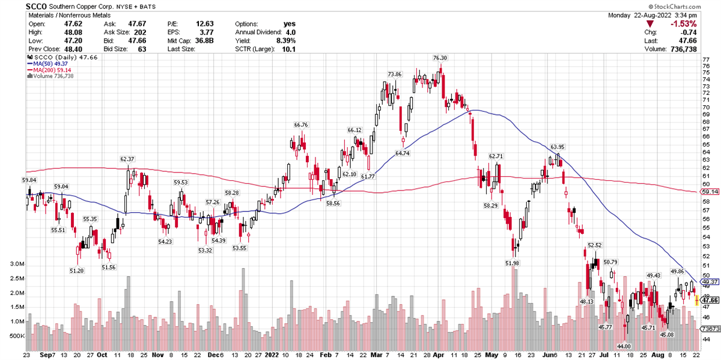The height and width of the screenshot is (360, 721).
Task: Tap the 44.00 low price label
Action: [625, 346]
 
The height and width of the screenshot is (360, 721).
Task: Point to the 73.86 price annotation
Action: [394, 74]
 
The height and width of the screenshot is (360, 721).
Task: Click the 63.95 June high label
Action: [558, 147]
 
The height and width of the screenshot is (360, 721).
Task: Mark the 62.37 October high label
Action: [127, 159]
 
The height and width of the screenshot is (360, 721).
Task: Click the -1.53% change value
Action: [685, 25]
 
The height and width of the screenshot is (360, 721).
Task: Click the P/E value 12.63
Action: [205, 23]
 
